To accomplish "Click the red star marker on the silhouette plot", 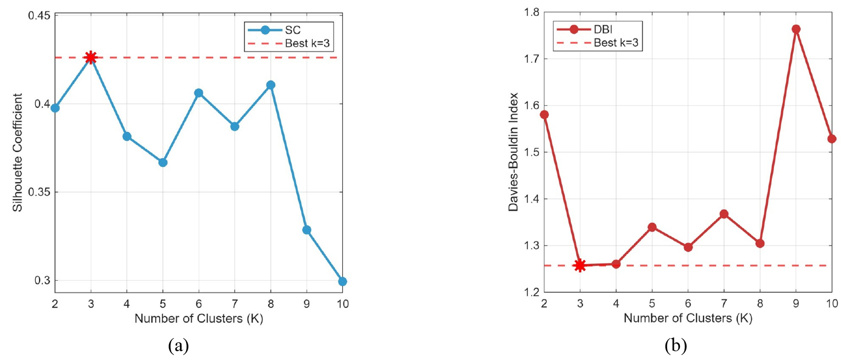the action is pyautogui.click(x=91, y=58).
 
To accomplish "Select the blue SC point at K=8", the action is pyautogui.click(x=270, y=85).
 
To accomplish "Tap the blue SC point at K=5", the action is pyautogui.click(x=163, y=162).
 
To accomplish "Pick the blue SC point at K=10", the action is pyautogui.click(x=342, y=281).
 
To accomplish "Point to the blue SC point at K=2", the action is pyautogui.click(x=55, y=108).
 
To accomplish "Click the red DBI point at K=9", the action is pyautogui.click(x=796, y=29).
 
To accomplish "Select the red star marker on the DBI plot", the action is pyautogui.click(x=580, y=265).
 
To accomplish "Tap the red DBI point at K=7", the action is pyautogui.click(x=724, y=214).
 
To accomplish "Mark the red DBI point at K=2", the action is pyautogui.click(x=544, y=114).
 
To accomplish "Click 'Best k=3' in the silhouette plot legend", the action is pyautogui.click(x=307, y=43).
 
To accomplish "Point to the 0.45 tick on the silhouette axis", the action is pyautogui.click(x=39, y=16).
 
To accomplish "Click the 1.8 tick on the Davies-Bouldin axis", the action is pyautogui.click(x=531, y=13).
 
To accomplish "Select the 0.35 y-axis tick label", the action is pyautogui.click(x=39, y=192).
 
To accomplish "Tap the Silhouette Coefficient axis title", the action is pyautogui.click(x=18, y=152).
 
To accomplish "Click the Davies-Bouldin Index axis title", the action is pyautogui.click(x=514, y=152).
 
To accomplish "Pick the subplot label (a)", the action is pyautogui.click(x=178, y=346).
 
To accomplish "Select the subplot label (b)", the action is pyautogui.click(x=676, y=346).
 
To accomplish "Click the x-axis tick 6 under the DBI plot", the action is pyautogui.click(x=688, y=303).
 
